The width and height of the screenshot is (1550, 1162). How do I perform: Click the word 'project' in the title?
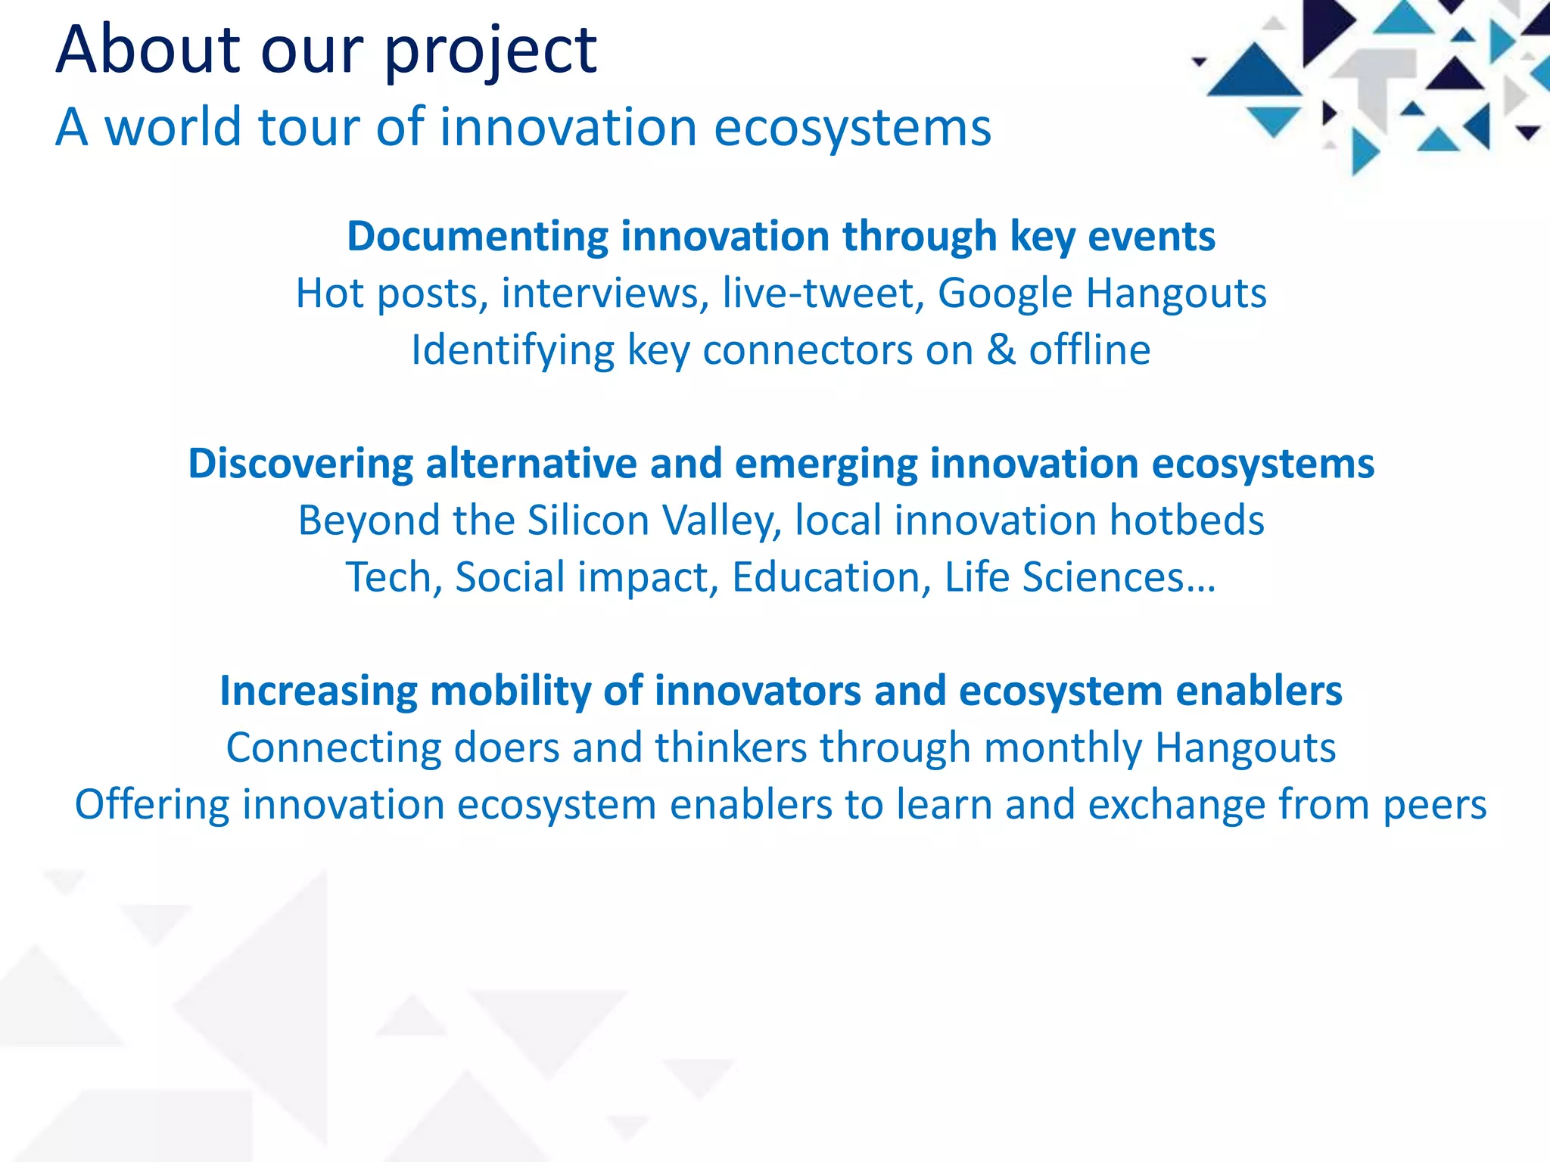point(490,51)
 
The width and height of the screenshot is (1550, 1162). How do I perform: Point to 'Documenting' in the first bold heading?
point(477,236)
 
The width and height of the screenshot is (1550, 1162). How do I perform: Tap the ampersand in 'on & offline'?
point(1001,350)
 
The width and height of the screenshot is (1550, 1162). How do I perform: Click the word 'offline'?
point(1089,350)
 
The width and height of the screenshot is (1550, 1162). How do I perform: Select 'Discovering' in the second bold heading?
point(300,463)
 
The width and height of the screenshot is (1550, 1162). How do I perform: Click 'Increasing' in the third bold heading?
point(318,691)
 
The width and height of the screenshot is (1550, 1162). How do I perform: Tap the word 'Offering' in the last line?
point(151,804)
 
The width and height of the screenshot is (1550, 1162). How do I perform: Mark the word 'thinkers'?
point(730,747)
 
